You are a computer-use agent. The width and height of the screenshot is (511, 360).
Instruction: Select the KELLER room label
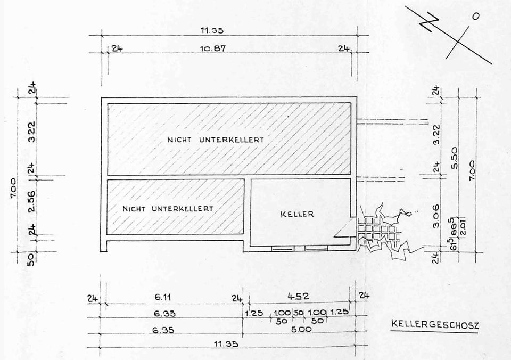pyautogui.click(x=297, y=214)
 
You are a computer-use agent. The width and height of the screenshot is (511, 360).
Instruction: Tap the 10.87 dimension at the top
pyautogui.click(x=213, y=48)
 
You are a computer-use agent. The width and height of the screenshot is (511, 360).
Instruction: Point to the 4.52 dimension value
pyautogui.click(x=299, y=296)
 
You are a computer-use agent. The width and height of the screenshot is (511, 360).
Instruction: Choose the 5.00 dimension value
pyautogui.click(x=301, y=329)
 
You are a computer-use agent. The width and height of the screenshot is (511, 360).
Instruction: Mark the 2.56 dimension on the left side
pyautogui.click(x=31, y=202)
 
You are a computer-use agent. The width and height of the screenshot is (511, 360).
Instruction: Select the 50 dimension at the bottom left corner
pyautogui.click(x=31, y=259)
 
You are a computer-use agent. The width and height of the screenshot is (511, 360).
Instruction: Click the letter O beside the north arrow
pyautogui.click(x=475, y=17)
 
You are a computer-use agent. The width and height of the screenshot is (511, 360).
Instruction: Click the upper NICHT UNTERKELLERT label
pyautogui.click(x=216, y=140)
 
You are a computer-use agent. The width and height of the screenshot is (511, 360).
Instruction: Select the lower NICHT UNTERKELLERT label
pyautogui.click(x=168, y=208)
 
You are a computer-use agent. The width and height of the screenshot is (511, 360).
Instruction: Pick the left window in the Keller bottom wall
pyautogui.click(x=282, y=248)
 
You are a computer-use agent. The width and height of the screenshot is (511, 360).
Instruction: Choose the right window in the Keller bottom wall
pyautogui.click(x=316, y=248)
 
